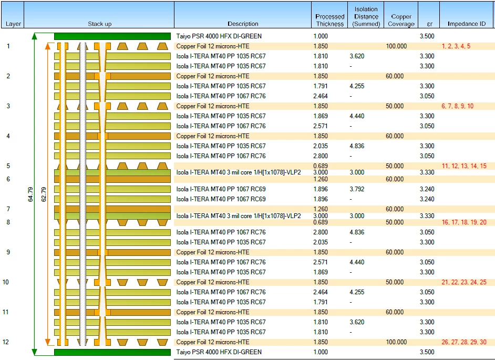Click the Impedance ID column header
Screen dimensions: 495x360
[x=467, y=24]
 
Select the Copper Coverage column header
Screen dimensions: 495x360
[x=401, y=20]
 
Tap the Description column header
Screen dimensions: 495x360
[x=243, y=24]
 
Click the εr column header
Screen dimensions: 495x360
[x=429, y=24]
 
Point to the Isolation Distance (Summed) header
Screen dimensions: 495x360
[x=366, y=16]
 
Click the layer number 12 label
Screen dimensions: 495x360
[x=6, y=342]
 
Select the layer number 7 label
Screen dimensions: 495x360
[x=8, y=209]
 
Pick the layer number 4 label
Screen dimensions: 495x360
[x=8, y=136]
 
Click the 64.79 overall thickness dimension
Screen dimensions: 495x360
[x=30, y=194]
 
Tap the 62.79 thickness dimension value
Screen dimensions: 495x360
[x=44, y=194]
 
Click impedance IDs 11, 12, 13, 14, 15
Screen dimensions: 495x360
[x=464, y=166]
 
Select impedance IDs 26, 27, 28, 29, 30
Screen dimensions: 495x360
[x=464, y=342]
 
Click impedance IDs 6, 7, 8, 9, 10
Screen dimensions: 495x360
[x=458, y=106]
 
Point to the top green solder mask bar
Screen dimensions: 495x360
[x=112, y=36]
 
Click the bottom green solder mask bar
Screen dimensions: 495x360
[x=112, y=352]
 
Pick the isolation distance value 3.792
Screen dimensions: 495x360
[x=357, y=189]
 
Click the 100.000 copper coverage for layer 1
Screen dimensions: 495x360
[x=396, y=46]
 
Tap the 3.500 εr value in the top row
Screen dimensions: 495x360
[x=427, y=36]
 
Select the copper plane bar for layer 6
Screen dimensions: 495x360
[x=112, y=179]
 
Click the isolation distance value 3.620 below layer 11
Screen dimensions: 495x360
[x=357, y=322]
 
